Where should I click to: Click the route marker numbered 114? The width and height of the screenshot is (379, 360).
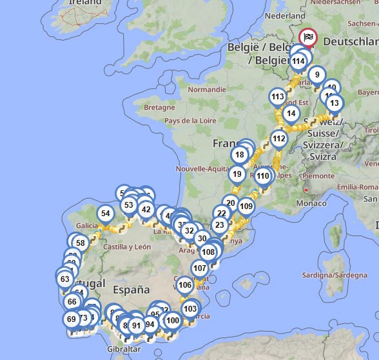pyautogui.click(x=298, y=62)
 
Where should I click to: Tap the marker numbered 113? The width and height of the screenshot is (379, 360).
pyautogui.click(x=277, y=97)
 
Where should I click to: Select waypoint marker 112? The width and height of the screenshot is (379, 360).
pyautogui.click(x=278, y=138)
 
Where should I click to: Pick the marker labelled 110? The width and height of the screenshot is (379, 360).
pyautogui.click(x=262, y=176)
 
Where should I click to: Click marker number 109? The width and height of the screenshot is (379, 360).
pyautogui.click(x=246, y=206)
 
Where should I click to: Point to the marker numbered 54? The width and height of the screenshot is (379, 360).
pyautogui.click(x=106, y=214)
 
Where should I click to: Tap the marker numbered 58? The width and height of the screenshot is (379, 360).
pyautogui.click(x=81, y=243)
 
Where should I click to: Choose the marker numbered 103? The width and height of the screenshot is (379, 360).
pyautogui.click(x=189, y=308)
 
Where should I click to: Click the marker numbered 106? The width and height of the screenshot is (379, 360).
pyautogui.click(x=184, y=285)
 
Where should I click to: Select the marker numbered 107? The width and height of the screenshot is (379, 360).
pyautogui.click(x=200, y=268)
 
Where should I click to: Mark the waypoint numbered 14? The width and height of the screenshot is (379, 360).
pyautogui.click(x=291, y=114)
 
